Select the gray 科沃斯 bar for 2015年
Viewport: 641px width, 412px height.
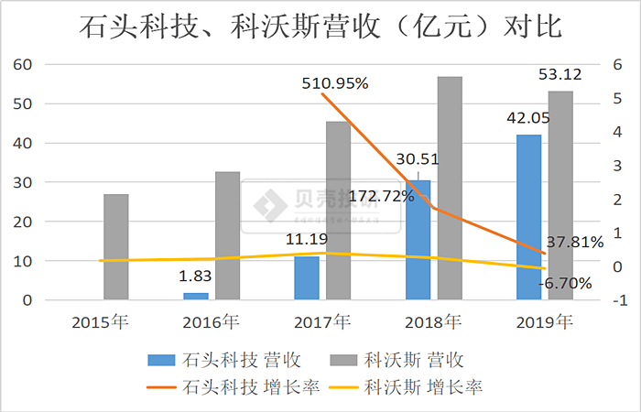click(116, 247)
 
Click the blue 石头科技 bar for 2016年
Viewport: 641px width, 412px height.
click(196, 296)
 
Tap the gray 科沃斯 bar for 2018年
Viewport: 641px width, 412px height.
click(450, 188)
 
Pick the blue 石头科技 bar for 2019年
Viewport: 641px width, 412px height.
click(528, 217)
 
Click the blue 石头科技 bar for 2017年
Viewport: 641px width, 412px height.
click(307, 277)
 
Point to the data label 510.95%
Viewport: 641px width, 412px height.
click(334, 83)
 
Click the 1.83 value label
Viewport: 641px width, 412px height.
click(196, 276)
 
